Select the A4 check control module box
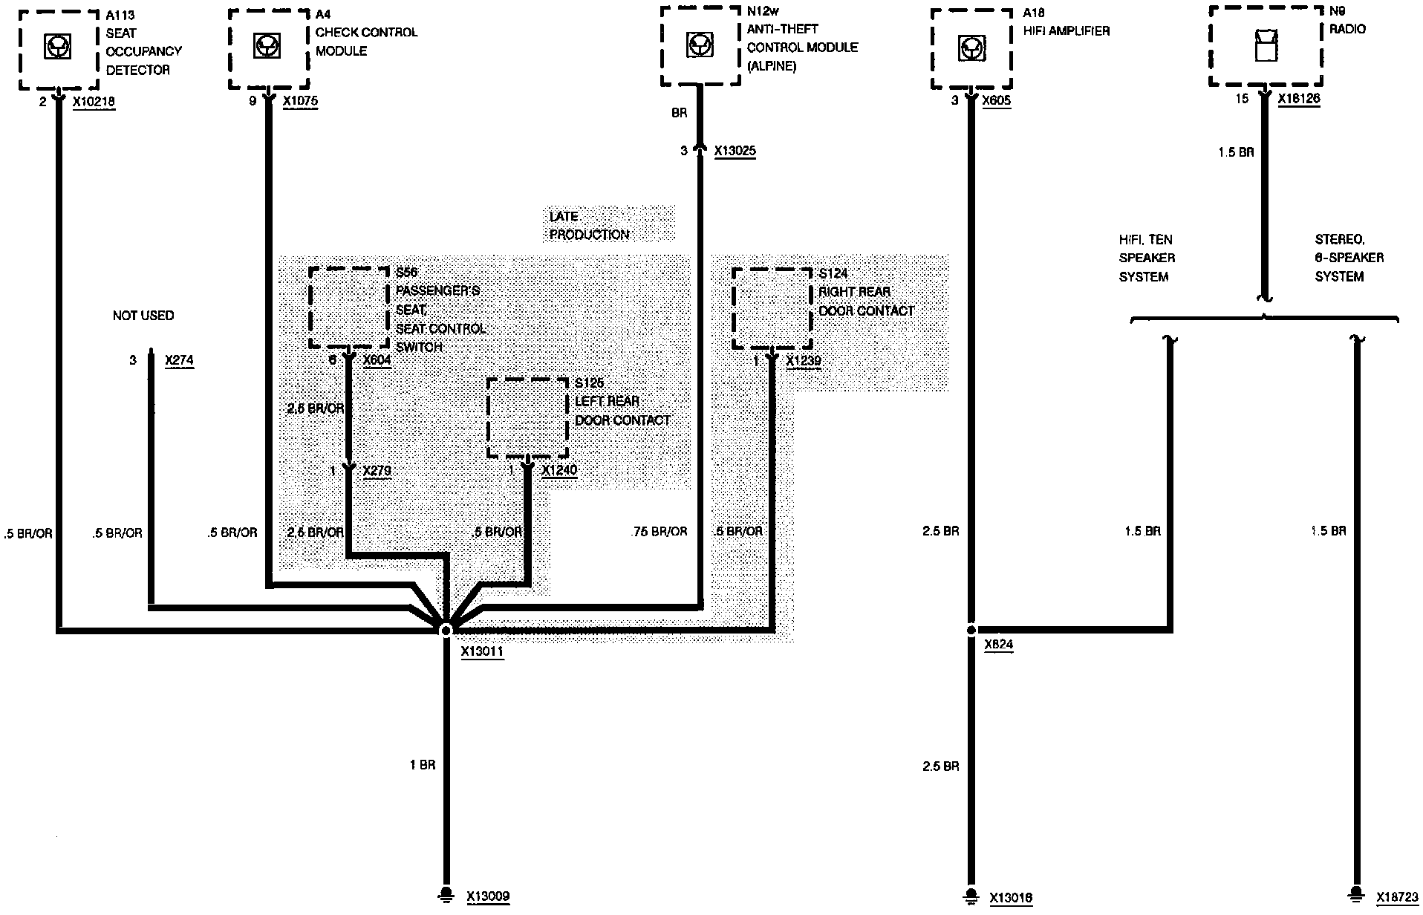click(268, 49)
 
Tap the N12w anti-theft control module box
click(699, 47)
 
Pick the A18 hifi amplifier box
click(971, 49)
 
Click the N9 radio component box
click(1266, 46)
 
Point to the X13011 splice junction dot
click(446, 631)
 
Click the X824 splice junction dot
click(971, 630)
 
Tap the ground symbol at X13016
click(971, 895)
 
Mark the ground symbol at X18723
click(1357, 893)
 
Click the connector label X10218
click(94, 102)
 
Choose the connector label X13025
click(735, 152)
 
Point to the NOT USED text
click(143, 316)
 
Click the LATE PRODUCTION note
click(589, 225)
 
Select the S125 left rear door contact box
click(527, 418)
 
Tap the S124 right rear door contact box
click(772, 308)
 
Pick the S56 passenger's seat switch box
click(348, 307)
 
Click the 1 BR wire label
click(423, 764)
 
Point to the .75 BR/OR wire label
click(659, 532)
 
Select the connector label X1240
click(559, 470)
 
